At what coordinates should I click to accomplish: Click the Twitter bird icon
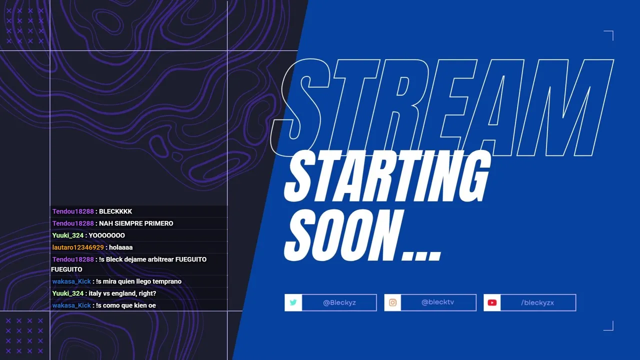point(293,302)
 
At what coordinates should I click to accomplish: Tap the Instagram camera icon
point(392,302)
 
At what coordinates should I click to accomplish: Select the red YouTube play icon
point(492,302)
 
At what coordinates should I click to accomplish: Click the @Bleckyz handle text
point(339,302)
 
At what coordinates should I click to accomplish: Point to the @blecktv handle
point(437,302)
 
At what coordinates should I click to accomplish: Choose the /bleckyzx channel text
point(537,302)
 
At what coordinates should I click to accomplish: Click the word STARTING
point(387,176)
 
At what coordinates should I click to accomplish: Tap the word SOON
point(343,235)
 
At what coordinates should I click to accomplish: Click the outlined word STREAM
point(441,107)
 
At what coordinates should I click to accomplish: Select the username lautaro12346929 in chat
point(78,247)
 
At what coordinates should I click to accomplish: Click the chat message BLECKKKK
point(115,211)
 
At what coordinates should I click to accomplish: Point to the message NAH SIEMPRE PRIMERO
point(136,223)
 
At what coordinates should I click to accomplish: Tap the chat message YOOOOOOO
point(106,235)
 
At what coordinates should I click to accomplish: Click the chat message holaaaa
point(120,247)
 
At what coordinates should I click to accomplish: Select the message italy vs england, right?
point(122,293)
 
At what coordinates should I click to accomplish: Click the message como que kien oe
point(129,305)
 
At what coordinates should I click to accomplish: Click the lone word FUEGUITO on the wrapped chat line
point(66,269)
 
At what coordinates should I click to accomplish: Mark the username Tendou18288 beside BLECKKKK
point(73,211)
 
